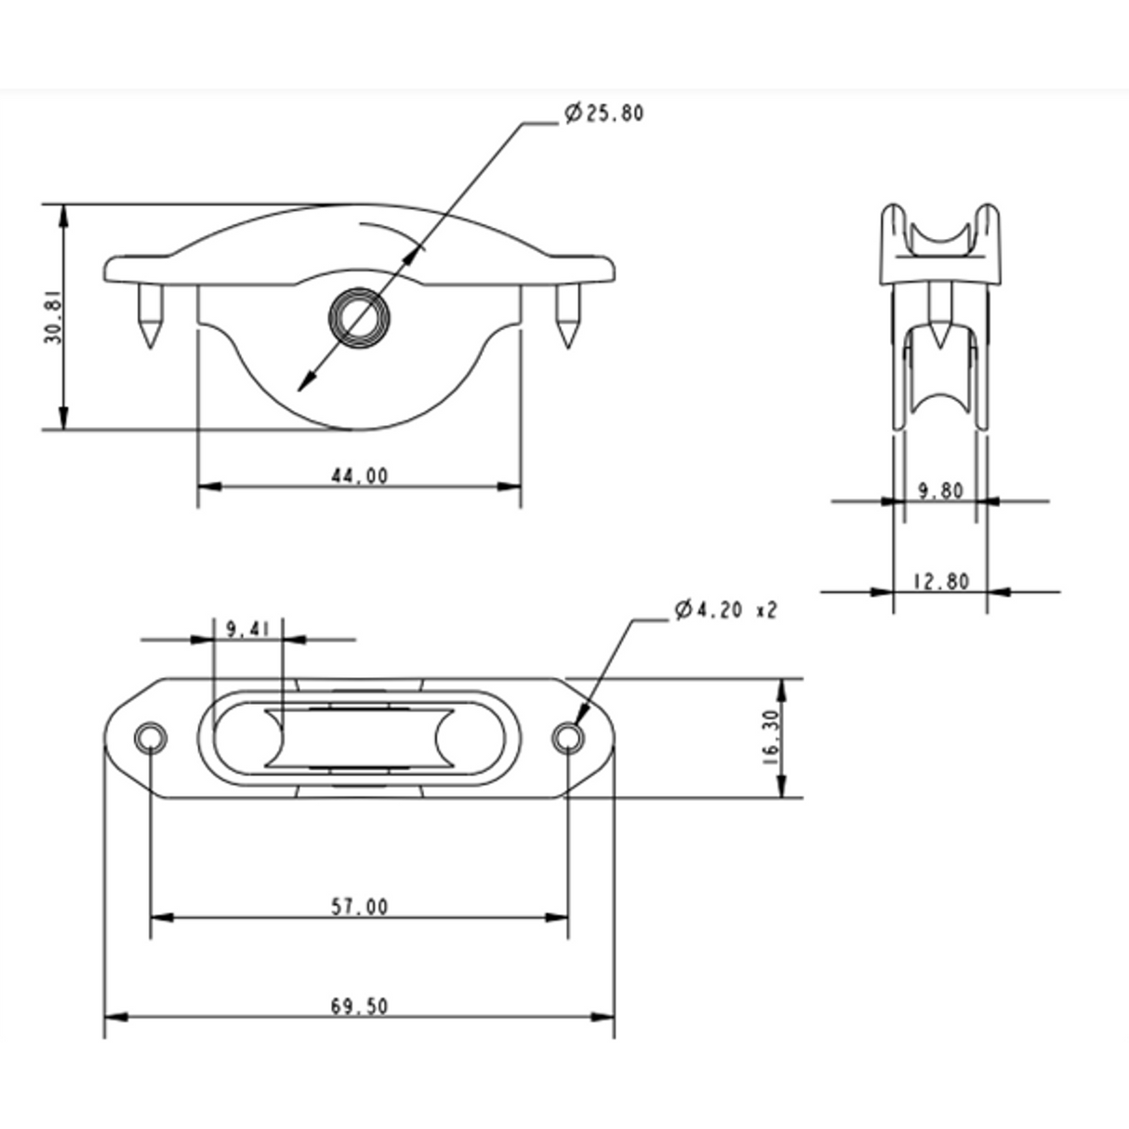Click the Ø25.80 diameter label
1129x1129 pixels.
(604, 113)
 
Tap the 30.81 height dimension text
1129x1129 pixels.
(53, 316)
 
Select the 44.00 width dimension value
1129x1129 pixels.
(359, 475)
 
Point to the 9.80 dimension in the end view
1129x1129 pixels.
(940, 490)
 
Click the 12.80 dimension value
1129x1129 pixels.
(940, 581)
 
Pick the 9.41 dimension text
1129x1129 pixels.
(246, 629)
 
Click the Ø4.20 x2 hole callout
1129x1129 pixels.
(725, 610)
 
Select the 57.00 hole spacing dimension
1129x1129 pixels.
(359, 906)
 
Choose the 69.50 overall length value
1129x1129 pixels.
(359, 1005)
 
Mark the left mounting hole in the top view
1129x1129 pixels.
(150, 738)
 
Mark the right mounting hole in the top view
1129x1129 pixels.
(567, 738)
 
